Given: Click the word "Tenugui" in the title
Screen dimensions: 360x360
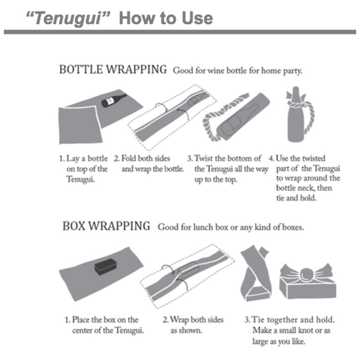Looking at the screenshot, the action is (x=68, y=18).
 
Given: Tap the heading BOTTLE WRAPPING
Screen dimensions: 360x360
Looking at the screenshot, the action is (x=113, y=69).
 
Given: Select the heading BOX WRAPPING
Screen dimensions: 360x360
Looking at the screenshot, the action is (x=106, y=226).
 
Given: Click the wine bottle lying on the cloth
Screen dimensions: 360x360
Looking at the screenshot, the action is (x=113, y=100).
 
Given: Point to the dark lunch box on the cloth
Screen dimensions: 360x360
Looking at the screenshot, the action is (x=105, y=266).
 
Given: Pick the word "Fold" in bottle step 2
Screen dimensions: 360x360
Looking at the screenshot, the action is (x=129, y=158).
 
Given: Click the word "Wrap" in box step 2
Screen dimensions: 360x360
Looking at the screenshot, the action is (x=179, y=320).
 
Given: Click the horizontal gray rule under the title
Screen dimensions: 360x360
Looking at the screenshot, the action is (x=180, y=32).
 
